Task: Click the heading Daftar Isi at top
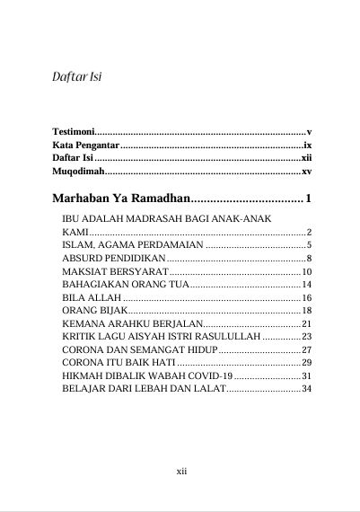75,76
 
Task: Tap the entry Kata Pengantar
85,145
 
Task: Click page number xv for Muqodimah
306,170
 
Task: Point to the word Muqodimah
77,170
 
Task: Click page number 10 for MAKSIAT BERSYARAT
306,271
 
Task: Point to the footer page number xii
180,470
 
